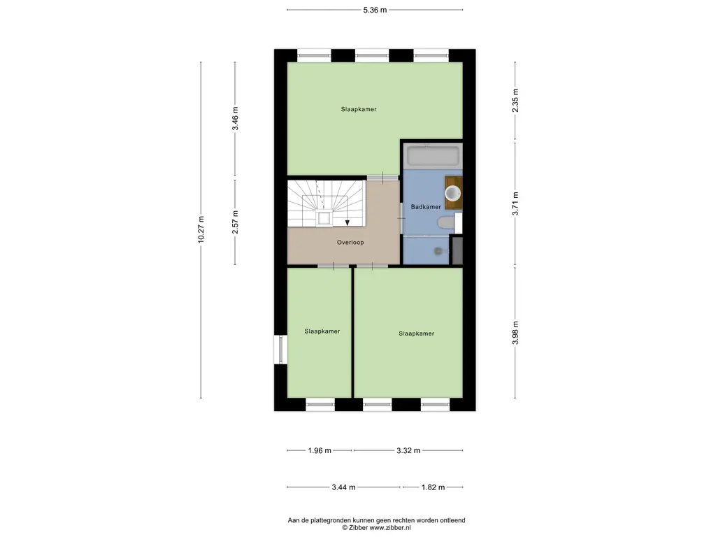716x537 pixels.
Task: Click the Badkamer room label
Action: (426, 207)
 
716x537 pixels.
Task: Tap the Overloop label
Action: (350, 243)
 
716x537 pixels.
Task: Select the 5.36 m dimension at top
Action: (375, 10)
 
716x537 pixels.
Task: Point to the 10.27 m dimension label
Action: (201, 229)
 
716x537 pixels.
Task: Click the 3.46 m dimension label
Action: (235, 119)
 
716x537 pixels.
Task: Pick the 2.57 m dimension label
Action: (235, 222)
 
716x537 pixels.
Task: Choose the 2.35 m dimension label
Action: (515, 101)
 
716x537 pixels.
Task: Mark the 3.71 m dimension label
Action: (515, 203)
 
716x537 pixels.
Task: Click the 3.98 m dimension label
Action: (515, 333)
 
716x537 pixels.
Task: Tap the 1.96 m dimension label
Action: (320, 451)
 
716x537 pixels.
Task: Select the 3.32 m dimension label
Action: (408, 451)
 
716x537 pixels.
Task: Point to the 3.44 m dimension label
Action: (343, 487)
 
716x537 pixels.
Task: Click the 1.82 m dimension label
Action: (433, 487)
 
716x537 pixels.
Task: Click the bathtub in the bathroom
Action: (433, 156)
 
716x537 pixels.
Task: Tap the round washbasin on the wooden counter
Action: (452, 193)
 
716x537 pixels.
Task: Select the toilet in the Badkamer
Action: (447, 223)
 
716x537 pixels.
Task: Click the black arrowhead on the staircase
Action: (348, 222)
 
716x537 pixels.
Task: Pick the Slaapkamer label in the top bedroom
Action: (359, 110)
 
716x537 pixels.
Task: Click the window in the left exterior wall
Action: (280, 350)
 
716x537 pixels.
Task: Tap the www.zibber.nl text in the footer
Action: (390, 527)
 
